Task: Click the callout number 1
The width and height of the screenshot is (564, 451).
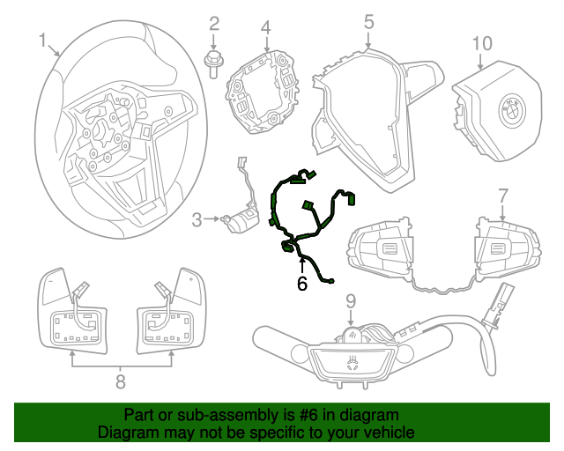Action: [41, 40]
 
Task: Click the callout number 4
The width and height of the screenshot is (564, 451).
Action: [265, 28]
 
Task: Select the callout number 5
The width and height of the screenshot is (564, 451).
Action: [368, 21]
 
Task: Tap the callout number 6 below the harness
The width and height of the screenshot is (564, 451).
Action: [301, 283]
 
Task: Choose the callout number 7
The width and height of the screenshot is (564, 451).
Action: [502, 195]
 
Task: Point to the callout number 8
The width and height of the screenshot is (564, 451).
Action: [120, 381]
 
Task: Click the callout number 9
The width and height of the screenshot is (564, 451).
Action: [350, 300]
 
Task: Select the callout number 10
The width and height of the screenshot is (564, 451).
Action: [480, 42]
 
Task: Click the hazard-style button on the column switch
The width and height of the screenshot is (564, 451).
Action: [352, 360]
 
